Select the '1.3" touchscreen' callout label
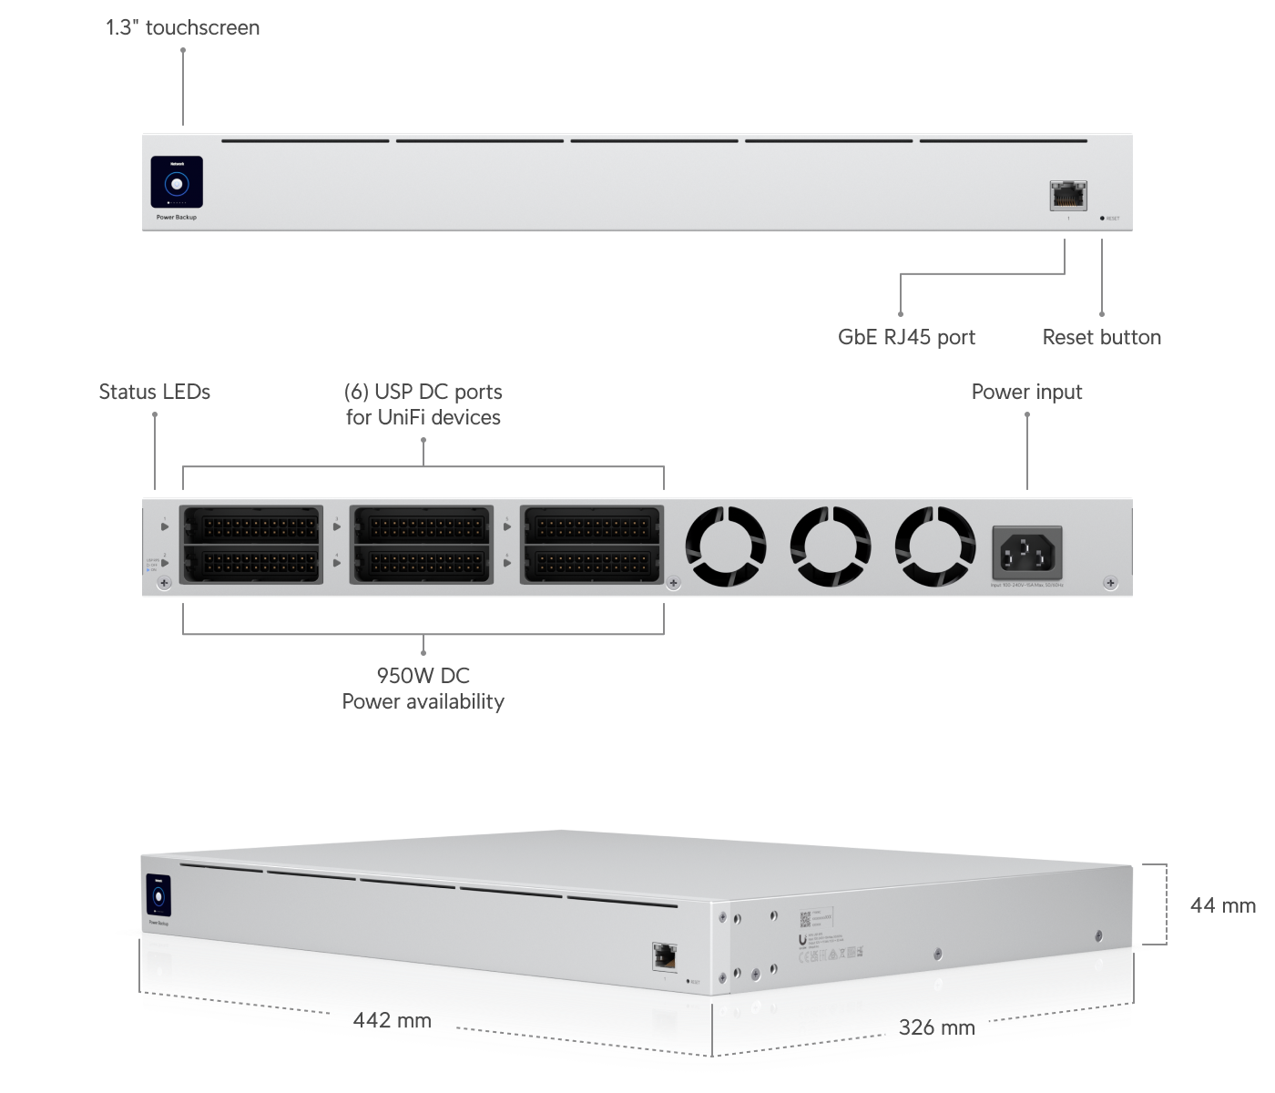pos(182,27)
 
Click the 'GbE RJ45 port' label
pos(906,337)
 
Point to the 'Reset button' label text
pos(1101,337)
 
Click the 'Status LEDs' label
pos(154,392)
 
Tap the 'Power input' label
pos(1026,392)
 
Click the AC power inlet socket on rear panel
pos(1026,551)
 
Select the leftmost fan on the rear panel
pos(725,547)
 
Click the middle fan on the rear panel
pos(830,547)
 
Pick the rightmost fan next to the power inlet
pos(934,547)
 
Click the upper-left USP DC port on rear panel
pos(252,526)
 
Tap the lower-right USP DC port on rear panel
pos(591,564)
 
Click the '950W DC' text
pos(423,676)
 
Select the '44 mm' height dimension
pos(1222,905)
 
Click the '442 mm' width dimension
pos(392,1020)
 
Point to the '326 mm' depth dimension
pos(936,1027)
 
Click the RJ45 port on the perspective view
pos(664,956)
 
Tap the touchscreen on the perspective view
pos(158,896)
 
